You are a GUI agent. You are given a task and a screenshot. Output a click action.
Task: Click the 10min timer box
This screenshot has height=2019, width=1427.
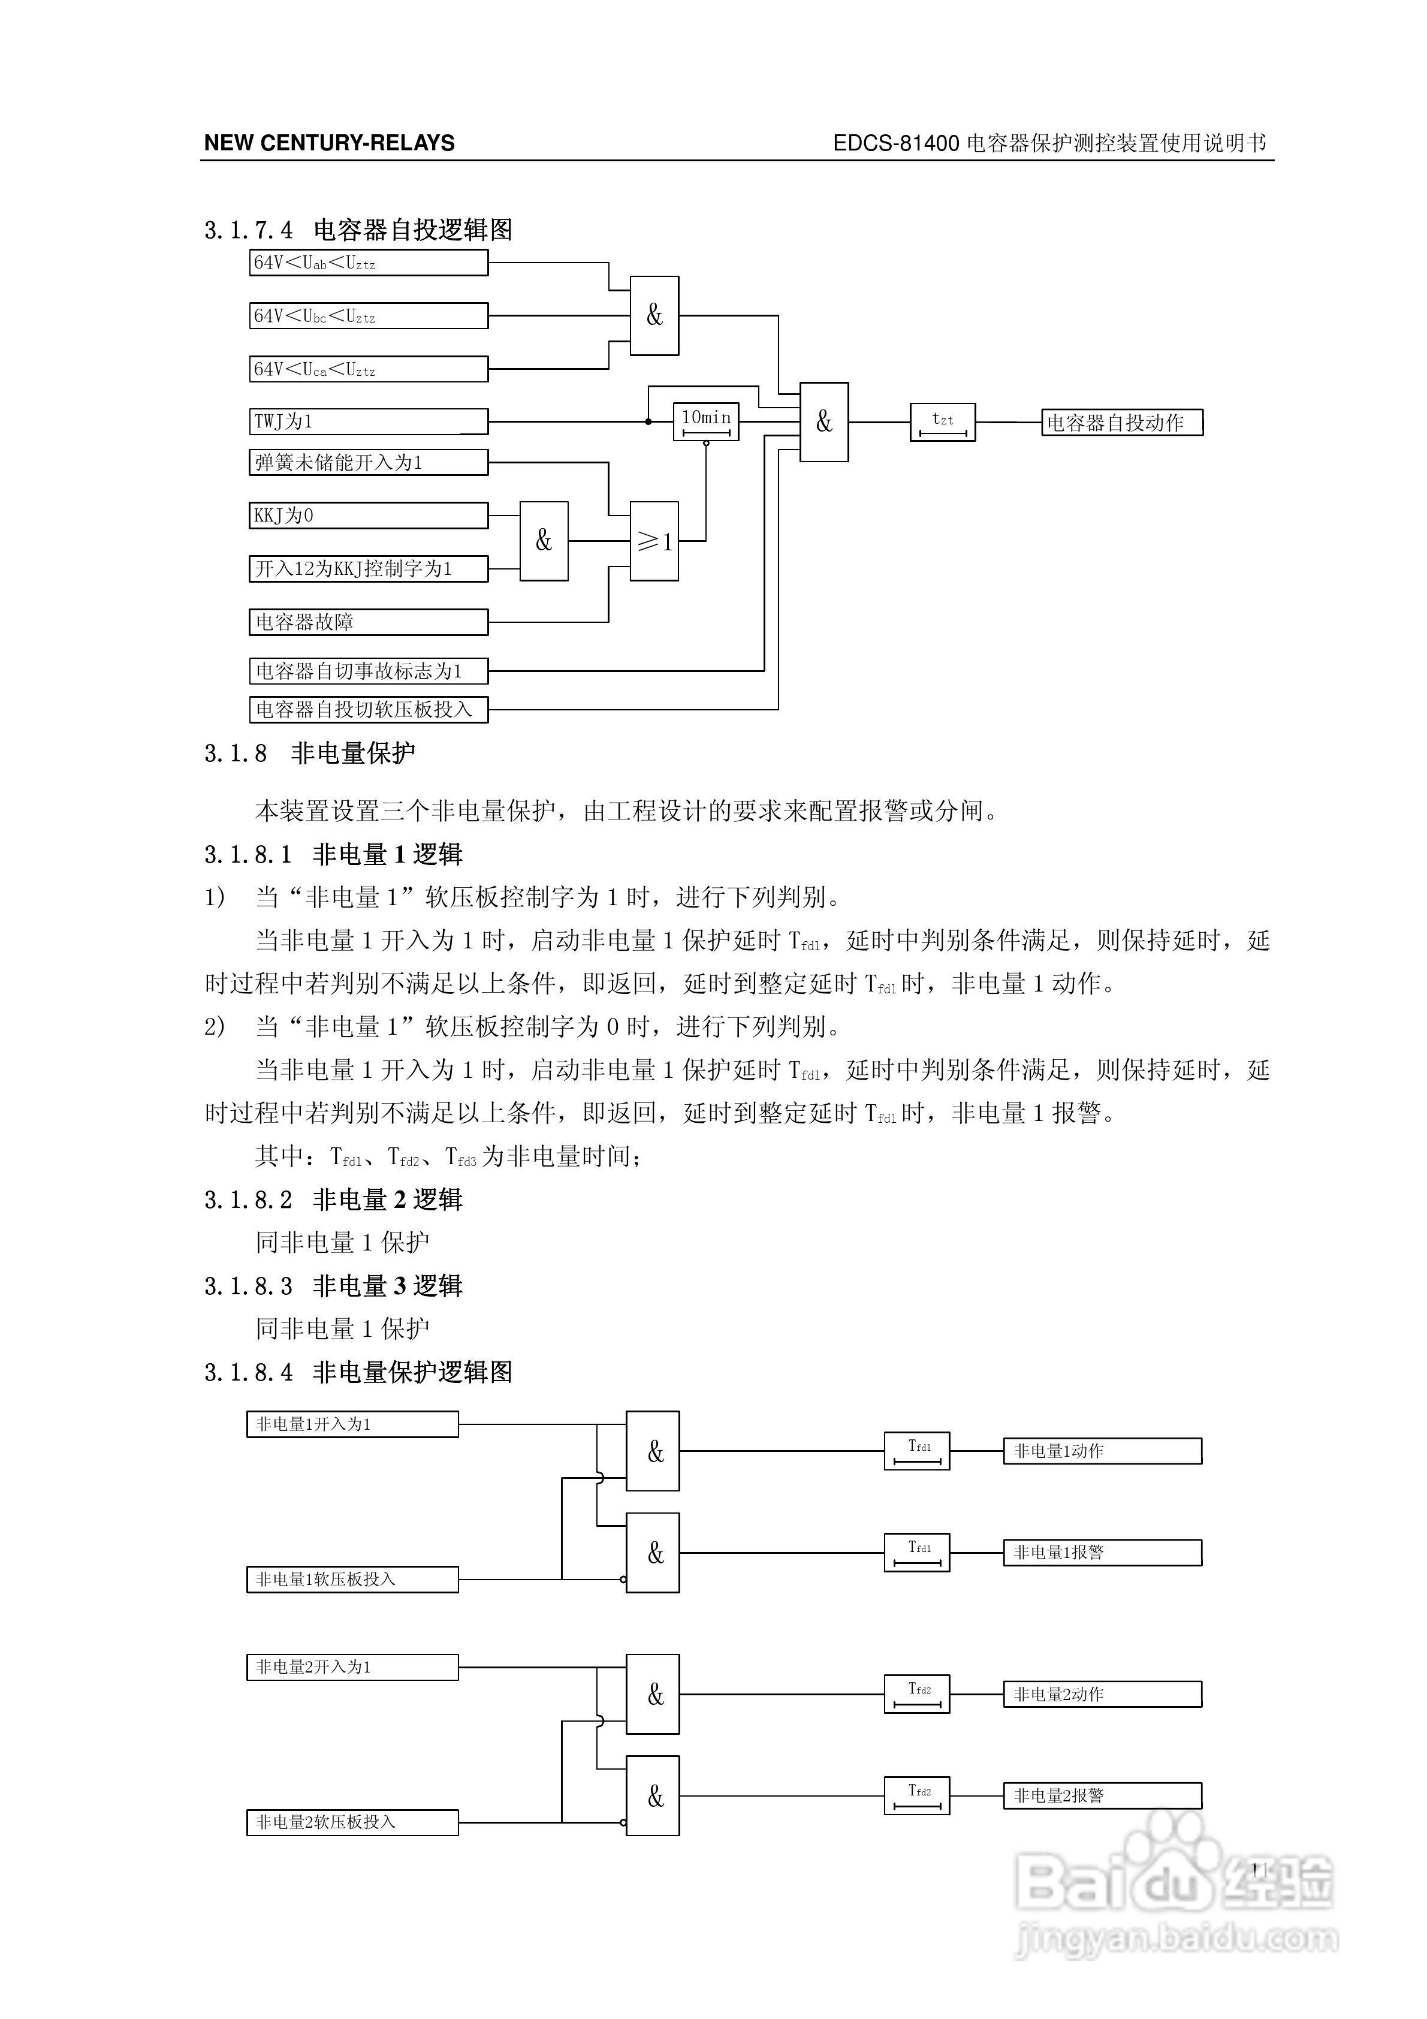(x=706, y=421)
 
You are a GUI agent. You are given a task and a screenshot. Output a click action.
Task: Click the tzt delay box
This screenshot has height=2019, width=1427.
(x=943, y=422)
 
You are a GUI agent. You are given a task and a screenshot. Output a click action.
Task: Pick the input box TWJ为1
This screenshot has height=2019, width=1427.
(x=369, y=421)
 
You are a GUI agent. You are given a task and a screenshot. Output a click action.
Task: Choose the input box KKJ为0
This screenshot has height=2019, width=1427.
(x=369, y=516)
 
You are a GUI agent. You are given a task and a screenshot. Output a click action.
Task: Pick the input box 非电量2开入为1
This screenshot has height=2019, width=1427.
(x=352, y=1667)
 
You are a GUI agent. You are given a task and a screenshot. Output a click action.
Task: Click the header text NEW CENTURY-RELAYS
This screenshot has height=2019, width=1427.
(x=330, y=143)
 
